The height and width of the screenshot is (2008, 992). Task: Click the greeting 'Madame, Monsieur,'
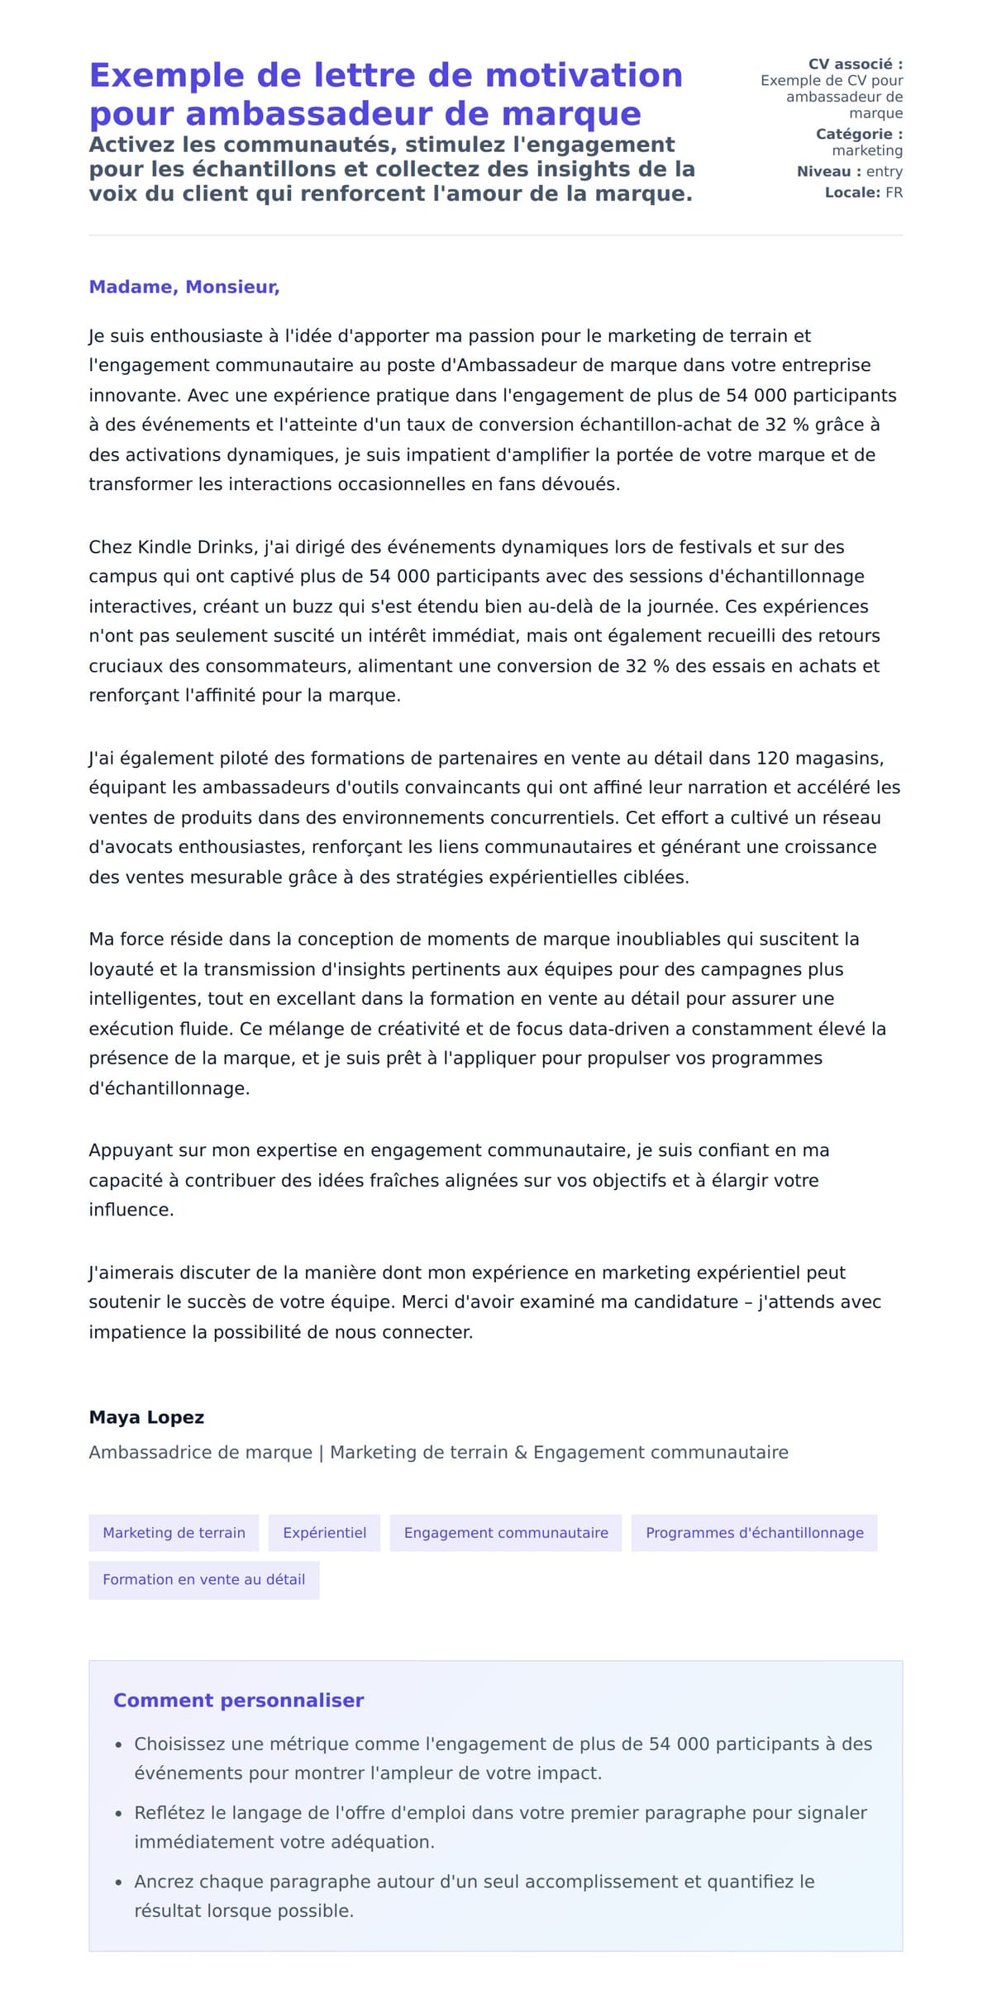[184, 287]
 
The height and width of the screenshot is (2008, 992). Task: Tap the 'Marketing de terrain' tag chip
[174, 1533]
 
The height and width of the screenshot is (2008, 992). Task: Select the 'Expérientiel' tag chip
[324, 1533]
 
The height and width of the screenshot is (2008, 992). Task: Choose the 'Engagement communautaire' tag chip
[506, 1533]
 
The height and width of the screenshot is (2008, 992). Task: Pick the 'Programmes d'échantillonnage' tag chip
[754, 1533]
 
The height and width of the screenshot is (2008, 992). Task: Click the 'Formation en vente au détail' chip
[203, 1579]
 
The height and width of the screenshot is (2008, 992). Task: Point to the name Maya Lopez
[146, 1417]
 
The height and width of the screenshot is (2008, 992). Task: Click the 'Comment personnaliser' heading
[238, 1700]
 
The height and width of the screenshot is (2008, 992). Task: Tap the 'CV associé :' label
[855, 64]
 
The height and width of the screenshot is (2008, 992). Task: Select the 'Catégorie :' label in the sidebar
[859, 134]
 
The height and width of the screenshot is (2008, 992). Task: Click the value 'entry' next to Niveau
[884, 172]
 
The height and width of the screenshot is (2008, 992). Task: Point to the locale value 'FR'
[894, 193]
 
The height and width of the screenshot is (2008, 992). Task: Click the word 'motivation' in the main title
[584, 75]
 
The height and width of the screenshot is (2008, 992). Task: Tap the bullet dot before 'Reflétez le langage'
[118, 1813]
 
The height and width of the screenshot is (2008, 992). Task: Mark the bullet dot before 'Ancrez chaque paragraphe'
[118, 1882]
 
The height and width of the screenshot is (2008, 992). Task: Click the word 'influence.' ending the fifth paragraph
[131, 1210]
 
